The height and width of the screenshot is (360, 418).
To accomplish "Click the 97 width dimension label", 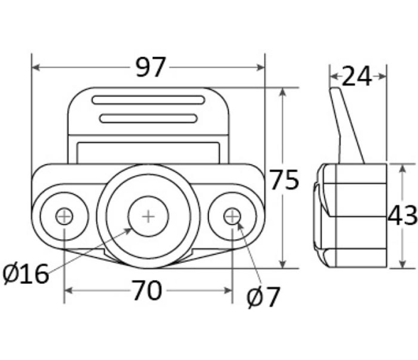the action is point(151,68).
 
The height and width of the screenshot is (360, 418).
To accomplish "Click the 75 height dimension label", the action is point(284,179).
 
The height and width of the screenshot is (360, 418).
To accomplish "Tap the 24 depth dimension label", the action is point(356,76).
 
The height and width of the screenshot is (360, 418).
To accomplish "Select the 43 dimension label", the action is point(402,215).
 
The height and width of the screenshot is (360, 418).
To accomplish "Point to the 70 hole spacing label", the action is point(147,290).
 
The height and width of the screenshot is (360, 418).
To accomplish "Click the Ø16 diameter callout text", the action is point(26,274).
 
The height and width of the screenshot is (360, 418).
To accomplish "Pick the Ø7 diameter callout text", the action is point(263,297).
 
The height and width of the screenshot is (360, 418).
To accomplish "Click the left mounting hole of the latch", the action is point(64,216).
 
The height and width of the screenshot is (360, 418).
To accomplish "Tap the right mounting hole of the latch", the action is point(232,216).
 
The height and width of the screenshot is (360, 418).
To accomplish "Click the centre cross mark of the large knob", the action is point(148,216).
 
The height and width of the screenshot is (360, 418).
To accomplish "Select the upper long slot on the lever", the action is point(148,100).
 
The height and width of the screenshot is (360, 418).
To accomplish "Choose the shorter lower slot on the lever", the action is point(149,118).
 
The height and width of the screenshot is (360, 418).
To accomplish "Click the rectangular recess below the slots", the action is point(148,153).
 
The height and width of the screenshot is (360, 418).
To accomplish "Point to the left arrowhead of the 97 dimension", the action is point(36,68).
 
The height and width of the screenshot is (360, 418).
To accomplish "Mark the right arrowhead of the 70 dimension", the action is point(228,290).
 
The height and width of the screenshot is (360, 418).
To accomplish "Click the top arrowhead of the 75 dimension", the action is point(283,92).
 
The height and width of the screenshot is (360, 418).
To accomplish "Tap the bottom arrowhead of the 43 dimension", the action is point(402,264).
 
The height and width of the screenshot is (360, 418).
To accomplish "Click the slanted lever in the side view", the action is point(347,125).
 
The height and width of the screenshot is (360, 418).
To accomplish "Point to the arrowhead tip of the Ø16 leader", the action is point(132,228).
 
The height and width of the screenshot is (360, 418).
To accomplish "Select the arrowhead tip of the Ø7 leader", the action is point(237,221).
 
